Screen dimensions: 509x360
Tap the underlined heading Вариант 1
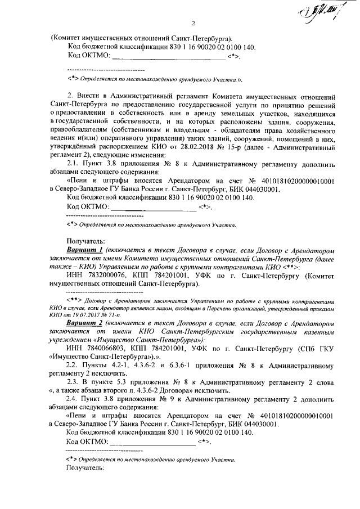click(84, 249)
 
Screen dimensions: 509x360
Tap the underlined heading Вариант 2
click(84, 325)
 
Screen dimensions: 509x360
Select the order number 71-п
click(112, 316)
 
